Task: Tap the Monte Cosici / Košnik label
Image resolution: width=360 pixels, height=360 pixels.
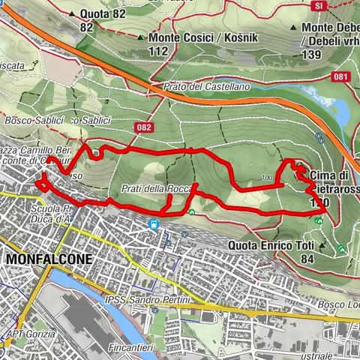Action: [187, 37]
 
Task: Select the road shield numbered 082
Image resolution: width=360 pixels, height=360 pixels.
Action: [145, 128]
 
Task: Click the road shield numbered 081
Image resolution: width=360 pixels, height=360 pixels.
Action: [341, 76]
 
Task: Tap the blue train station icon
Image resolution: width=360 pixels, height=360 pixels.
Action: [154, 223]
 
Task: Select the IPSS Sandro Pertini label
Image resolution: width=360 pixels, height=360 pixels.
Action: [159, 299]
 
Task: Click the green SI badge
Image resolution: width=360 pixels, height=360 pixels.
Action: [320, 5]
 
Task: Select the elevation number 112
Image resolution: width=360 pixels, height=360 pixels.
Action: [157, 50]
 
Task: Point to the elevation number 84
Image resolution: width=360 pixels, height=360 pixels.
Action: [307, 259]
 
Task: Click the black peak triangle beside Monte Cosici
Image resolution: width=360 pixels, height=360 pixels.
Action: [140, 37]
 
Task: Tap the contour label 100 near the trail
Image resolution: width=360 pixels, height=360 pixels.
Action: [267, 178]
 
